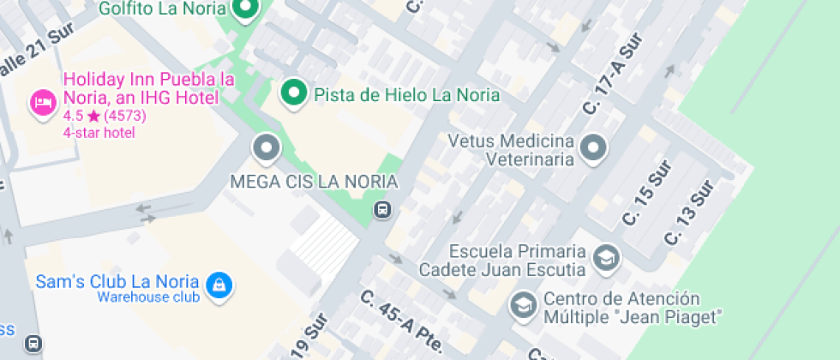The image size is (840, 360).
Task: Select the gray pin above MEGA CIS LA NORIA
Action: pyautogui.click(x=267, y=148)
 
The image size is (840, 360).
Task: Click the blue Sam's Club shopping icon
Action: pyautogui.click(x=219, y=285)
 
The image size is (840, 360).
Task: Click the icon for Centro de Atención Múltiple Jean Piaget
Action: pyautogui.click(x=522, y=303)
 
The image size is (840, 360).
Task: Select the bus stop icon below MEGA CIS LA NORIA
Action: pyautogui.click(x=383, y=209)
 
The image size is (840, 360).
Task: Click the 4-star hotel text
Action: pyautogui.click(x=99, y=133)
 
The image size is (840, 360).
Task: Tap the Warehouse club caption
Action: pyautogui.click(x=147, y=297)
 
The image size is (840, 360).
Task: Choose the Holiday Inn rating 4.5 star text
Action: pyautogui.click(x=104, y=116)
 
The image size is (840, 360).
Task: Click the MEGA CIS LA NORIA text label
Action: pyautogui.click(x=315, y=182)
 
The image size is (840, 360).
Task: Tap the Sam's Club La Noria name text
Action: pyautogui.click(x=117, y=281)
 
